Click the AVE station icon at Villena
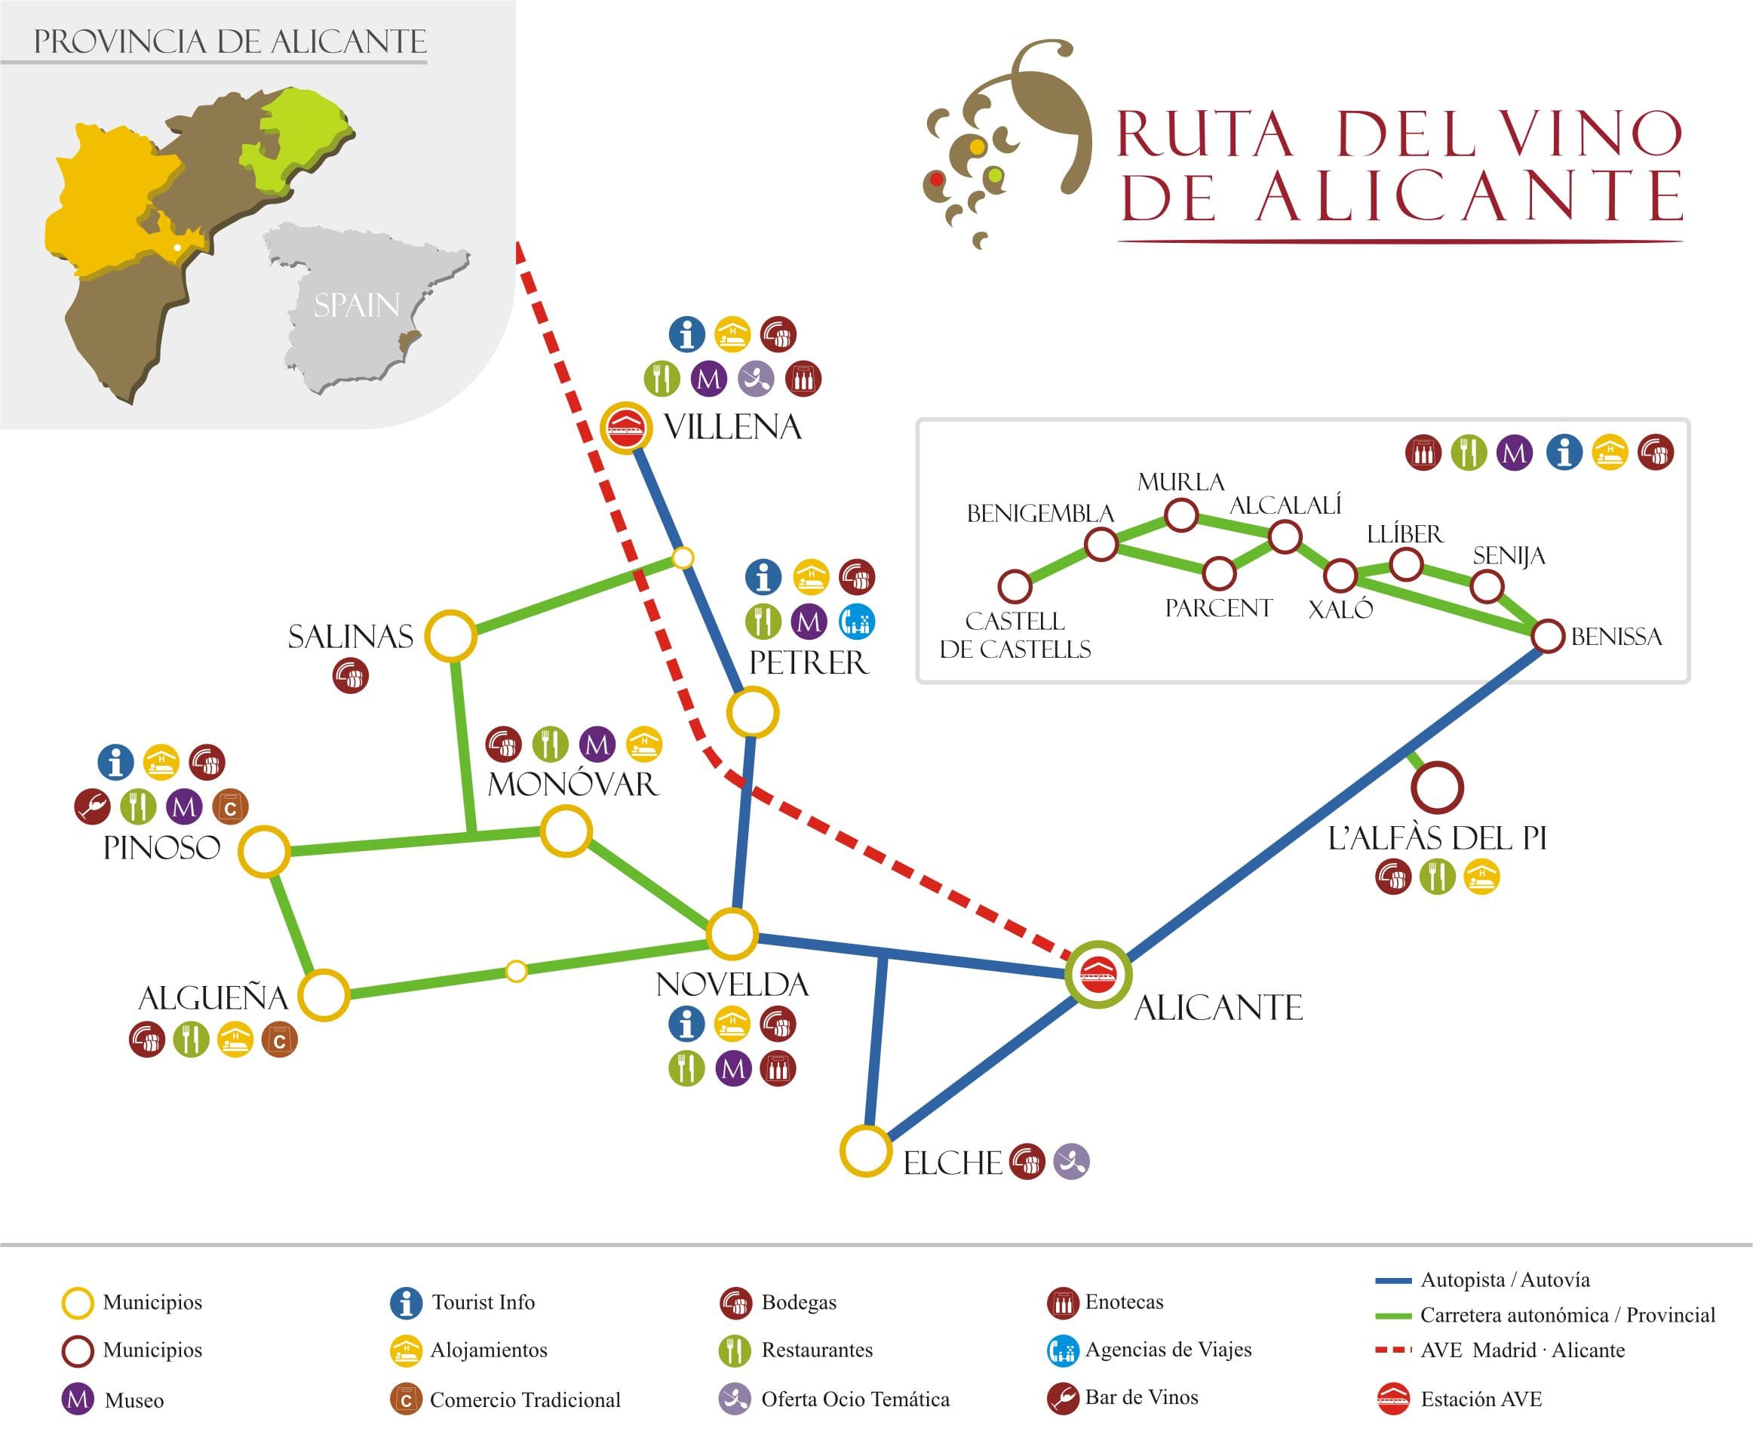[627, 430]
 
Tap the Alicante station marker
[1098, 974]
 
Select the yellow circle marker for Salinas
[451, 636]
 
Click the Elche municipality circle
[866, 1151]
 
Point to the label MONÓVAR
[573, 784]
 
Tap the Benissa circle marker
[1548, 636]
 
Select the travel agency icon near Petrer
[856, 621]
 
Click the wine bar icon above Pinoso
[93, 806]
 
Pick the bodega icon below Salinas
[351, 675]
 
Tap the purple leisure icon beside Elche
[1072, 1161]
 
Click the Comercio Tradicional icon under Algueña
[280, 1040]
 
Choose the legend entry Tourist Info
[483, 1302]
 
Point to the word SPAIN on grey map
[357, 305]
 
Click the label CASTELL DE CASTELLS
[1015, 634]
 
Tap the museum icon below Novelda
[734, 1069]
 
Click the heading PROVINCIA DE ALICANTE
[229, 41]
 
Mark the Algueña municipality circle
[324, 995]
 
